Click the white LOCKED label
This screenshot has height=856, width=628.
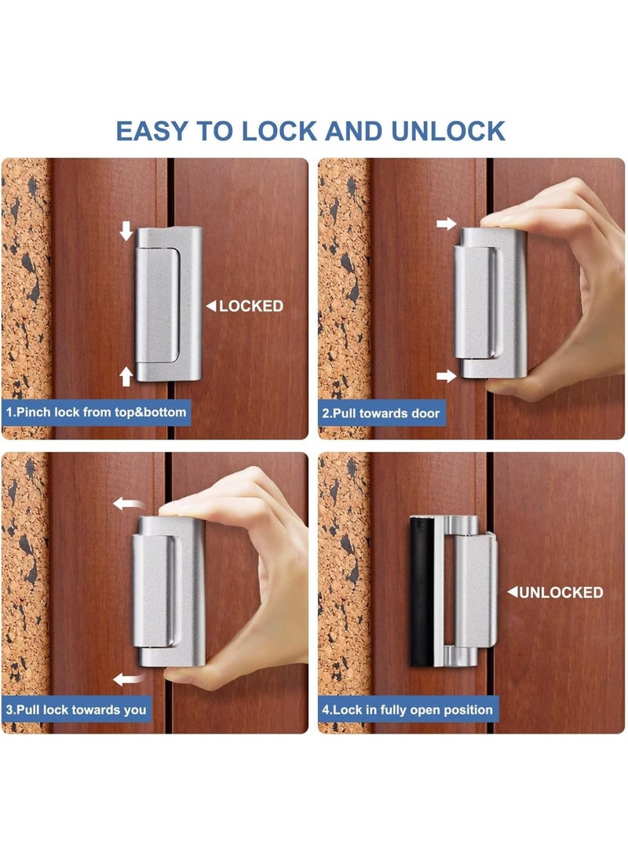250,306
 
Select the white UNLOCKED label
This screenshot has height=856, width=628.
561,592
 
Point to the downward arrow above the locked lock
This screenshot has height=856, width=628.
126,231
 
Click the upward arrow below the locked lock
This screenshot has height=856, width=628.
126,377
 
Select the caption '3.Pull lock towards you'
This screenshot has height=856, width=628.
76,709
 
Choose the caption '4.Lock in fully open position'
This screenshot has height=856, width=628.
408,709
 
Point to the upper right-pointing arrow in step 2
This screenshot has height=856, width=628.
446,224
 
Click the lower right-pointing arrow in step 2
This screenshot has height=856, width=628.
446,377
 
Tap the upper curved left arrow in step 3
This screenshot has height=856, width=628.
126,503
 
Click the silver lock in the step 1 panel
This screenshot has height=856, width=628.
168,304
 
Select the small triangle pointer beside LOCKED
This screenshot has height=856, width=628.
210,307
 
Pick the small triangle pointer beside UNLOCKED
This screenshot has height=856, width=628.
512,592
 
